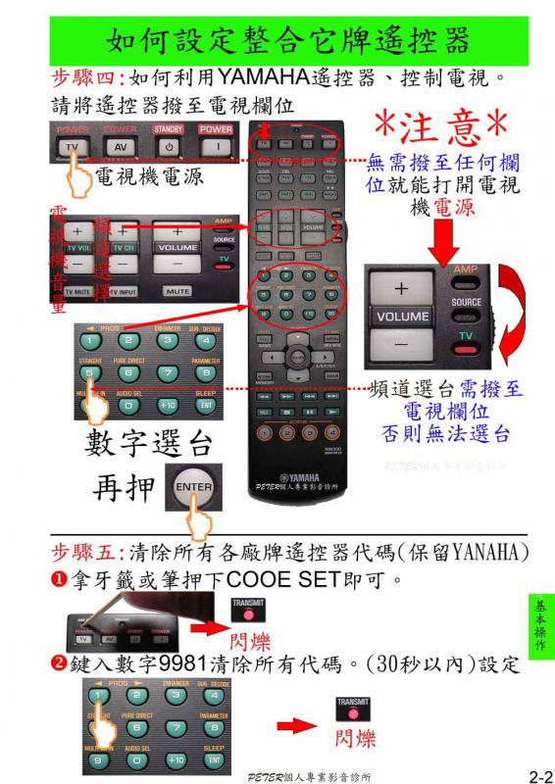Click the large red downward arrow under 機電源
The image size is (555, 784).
(443, 235)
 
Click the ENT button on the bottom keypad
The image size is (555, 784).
(214, 759)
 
